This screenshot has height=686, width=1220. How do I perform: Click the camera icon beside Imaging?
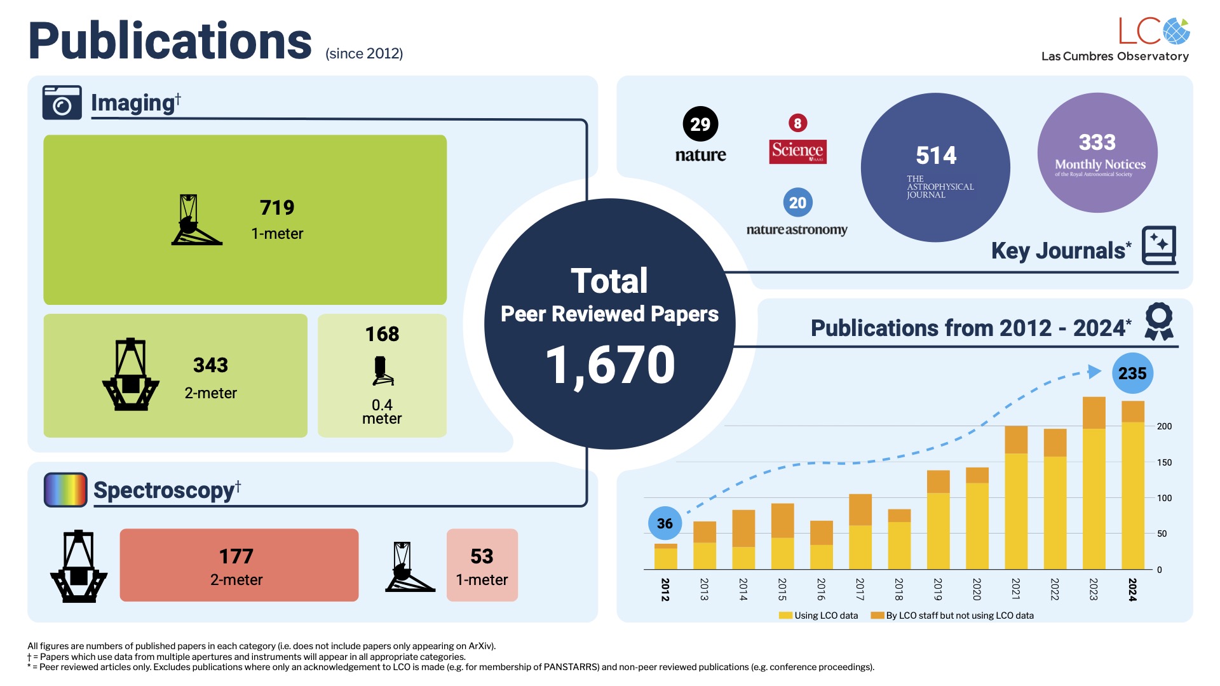(x=62, y=103)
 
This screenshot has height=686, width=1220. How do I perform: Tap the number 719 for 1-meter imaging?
(x=277, y=208)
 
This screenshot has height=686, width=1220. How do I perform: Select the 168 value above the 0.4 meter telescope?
(x=382, y=334)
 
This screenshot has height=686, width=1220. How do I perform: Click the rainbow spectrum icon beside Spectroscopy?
(x=65, y=490)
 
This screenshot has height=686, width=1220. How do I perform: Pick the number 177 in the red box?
(x=236, y=556)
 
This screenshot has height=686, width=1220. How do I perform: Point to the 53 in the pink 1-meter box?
(x=482, y=556)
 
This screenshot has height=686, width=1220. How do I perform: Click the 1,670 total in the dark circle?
(x=610, y=365)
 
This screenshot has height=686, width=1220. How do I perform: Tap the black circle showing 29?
(x=700, y=124)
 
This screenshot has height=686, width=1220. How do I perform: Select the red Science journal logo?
(x=797, y=151)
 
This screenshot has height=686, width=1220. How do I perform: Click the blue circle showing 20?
(x=797, y=203)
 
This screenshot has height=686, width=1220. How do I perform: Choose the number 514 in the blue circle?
(x=936, y=156)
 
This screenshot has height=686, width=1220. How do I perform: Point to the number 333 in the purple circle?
(x=1097, y=142)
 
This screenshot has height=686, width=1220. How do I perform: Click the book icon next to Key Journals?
(x=1159, y=245)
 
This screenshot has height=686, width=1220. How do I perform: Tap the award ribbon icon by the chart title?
(x=1159, y=321)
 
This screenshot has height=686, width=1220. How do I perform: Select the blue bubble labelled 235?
(x=1132, y=373)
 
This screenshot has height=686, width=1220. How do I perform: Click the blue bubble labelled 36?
(x=665, y=523)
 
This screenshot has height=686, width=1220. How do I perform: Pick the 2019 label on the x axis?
(x=938, y=589)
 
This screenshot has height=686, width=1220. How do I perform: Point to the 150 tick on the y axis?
(x=1164, y=462)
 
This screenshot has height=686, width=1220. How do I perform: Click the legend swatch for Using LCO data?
(x=785, y=615)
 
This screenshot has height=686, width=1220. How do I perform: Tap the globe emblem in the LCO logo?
(x=1177, y=31)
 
